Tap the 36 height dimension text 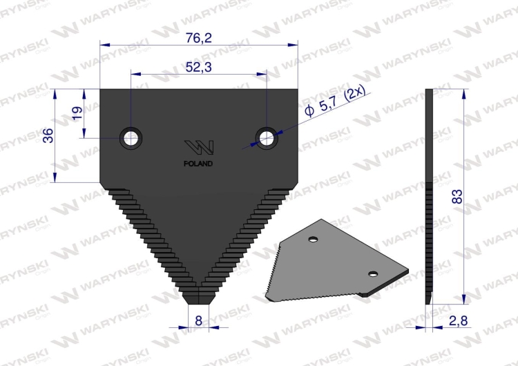click(48, 136)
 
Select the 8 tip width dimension click(198, 320)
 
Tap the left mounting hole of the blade click(130, 137)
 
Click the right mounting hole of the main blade click(266, 137)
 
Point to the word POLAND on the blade click(199, 164)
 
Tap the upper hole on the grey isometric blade click(313, 240)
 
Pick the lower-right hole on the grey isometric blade click(373, 275)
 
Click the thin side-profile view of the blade click(430, 197)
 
